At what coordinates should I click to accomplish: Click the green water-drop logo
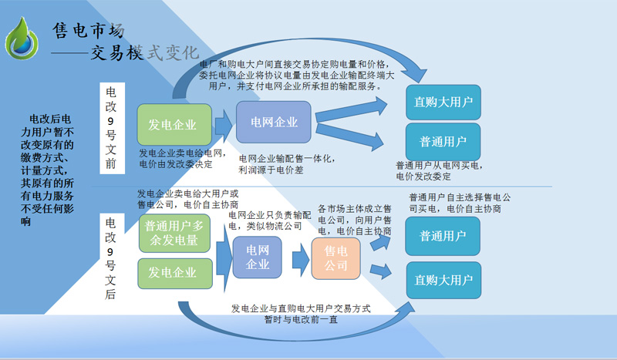coord(22,39)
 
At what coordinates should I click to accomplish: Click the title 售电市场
coord(89,30)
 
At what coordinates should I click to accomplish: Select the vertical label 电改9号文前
coord(112,128)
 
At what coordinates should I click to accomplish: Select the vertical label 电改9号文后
coord(112,259)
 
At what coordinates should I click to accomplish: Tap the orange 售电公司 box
coord(335,258)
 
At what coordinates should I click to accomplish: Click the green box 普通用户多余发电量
coord(174,233)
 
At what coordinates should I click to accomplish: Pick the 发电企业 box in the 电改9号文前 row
coord(174,125)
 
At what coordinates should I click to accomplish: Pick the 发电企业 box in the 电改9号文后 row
coord(175,273)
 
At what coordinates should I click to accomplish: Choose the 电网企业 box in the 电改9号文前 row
coord(274,122)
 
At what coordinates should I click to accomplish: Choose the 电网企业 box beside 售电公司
coord(258,257)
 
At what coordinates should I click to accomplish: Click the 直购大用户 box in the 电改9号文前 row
coord(443,103)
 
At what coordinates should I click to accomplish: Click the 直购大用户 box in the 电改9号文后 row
coord(443,280)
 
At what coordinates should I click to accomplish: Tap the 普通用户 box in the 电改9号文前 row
coord(443,142)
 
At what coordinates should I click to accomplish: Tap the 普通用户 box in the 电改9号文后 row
coord(443,236)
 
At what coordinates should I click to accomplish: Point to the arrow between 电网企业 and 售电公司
coord(301,260)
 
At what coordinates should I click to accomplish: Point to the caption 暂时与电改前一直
coord(301,319)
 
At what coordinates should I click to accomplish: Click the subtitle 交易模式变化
coord(145,52)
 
